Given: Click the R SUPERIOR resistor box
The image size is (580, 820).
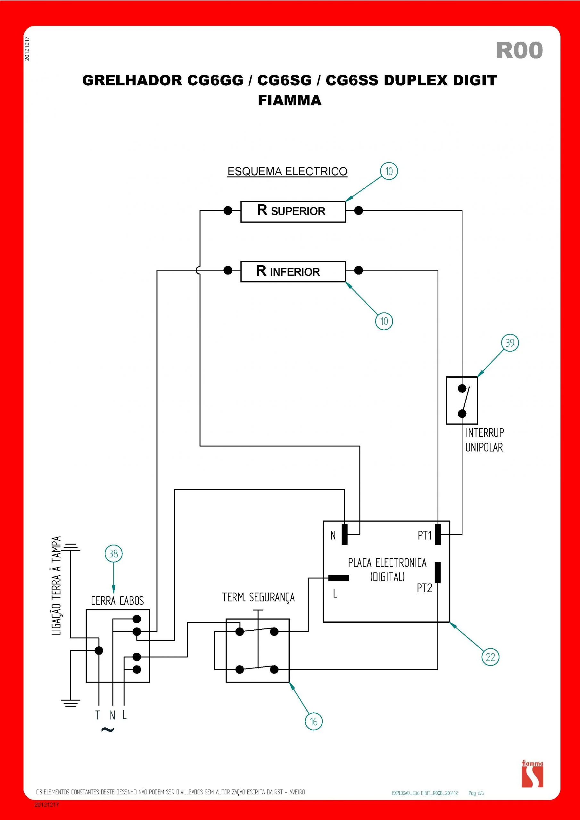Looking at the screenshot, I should click(293, 211).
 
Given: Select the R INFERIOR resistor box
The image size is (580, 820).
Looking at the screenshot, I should click(293, 271).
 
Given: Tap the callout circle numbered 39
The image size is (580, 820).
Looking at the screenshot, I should click(510, 343).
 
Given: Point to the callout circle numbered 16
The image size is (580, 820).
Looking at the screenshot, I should click(313, 721).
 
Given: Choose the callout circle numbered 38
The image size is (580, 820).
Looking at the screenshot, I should click(113, 553).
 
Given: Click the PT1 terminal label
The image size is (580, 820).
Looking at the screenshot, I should click(425, 535).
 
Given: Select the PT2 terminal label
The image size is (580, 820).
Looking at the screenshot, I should click(425, 588).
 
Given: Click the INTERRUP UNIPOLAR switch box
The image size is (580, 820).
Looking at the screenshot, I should click(462, 400).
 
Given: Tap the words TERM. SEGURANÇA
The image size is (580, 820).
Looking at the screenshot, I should click(258, 597).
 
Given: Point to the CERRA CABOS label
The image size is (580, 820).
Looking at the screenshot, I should click(117, 601).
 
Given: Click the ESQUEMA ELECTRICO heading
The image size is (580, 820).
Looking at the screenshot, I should click(287, 171).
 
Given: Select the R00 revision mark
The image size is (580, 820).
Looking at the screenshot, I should click(519, 50).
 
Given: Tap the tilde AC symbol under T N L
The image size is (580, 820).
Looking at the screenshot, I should click(107, 730).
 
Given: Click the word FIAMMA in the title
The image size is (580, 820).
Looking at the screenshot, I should click(289, 100).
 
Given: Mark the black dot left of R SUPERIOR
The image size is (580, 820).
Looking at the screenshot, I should click(228, 210).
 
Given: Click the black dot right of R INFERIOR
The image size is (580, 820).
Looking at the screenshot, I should click(359, 270).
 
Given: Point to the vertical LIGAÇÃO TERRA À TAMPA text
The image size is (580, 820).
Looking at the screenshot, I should click(56, 586).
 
